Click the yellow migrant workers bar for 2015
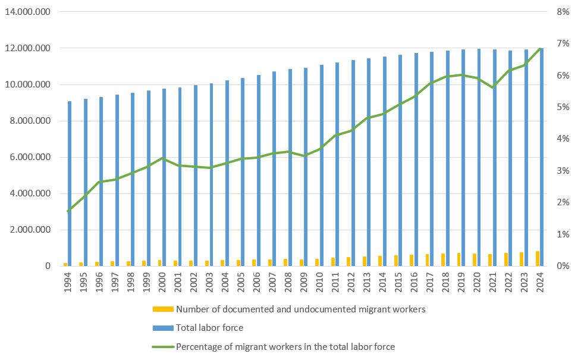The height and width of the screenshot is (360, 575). coord(395,261)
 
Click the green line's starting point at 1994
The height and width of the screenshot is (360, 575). coord(68,211)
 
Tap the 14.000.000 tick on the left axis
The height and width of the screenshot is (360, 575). coord(27,12)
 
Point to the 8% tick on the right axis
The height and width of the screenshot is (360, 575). coord(561,12)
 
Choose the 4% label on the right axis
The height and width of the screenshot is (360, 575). coord(561,139)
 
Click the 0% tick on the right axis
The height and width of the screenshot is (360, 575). coord(561,266)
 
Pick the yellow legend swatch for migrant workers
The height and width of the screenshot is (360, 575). coord(162,309)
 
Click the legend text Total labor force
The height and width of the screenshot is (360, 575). coord(209,327)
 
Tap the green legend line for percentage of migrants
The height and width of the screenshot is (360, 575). coord(162,346)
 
